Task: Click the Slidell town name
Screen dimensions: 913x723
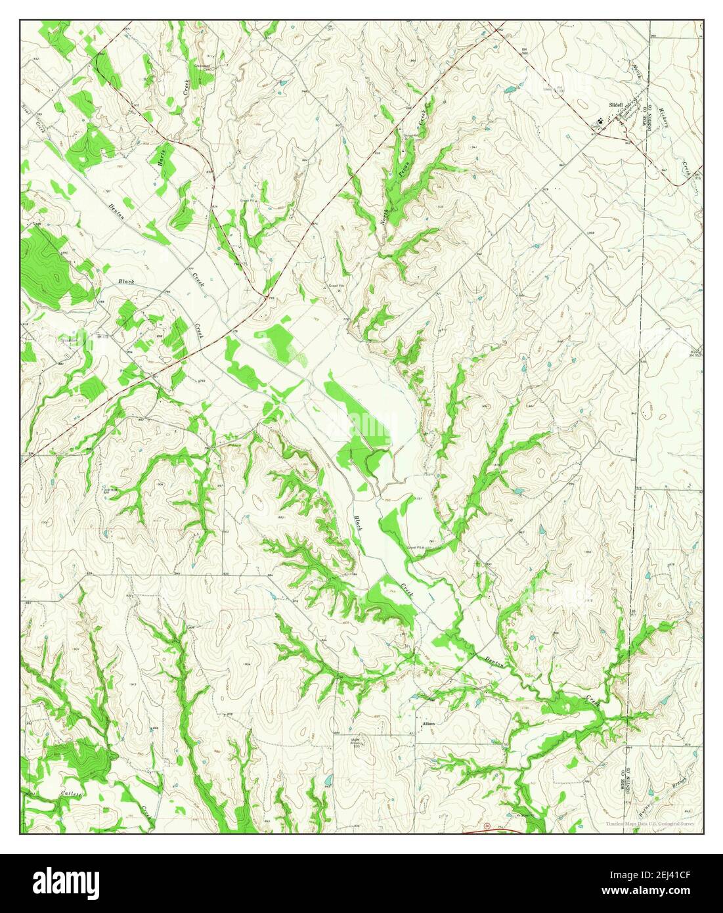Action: coord(617,104)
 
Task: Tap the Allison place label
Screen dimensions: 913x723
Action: coord(429,723)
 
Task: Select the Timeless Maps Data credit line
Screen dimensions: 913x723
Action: coord(650,824)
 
